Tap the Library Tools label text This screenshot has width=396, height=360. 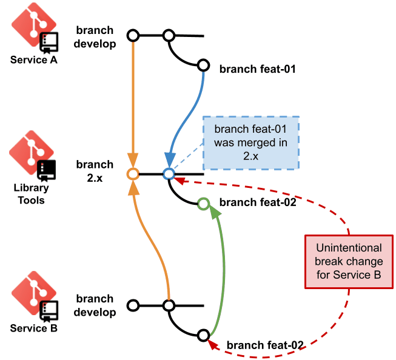pos(29,195)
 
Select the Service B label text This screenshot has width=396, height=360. pos(29,328)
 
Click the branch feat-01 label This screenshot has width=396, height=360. pos(257,68)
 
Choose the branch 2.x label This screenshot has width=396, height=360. pos(95,171)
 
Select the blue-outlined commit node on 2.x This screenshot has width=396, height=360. pos(169,175)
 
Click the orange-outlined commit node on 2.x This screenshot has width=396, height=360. pos(132,175)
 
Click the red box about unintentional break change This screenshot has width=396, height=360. pos(348,262)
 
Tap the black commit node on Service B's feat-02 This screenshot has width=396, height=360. pos(204,335)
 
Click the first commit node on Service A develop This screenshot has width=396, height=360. pos(132,35)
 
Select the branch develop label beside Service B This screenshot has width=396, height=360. pos(95,305)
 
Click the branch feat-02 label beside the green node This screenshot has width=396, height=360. pos(257,203)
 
